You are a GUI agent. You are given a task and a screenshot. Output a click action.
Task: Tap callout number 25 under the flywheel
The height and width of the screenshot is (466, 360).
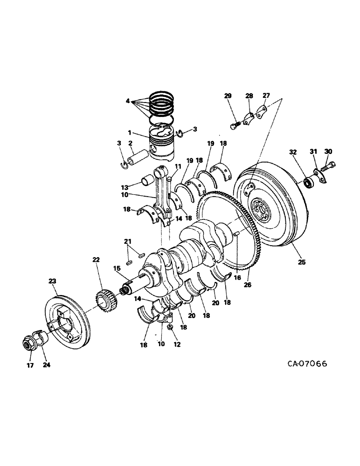(x=302, y=262)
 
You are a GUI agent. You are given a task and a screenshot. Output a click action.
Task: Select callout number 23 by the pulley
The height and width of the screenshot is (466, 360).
(x=52, y=281)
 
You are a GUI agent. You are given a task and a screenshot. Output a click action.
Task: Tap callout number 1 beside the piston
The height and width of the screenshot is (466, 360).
(x=130, y=133)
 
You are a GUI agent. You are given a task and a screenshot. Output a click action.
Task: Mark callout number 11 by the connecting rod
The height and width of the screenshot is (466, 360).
(x=177, y=166)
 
